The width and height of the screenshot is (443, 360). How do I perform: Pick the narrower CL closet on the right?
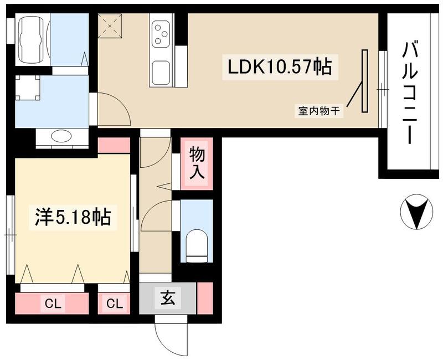tap(115, 303)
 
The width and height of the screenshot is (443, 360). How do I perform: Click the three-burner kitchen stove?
tap(162, 33)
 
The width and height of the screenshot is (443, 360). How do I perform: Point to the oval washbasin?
tap(61, 136)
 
